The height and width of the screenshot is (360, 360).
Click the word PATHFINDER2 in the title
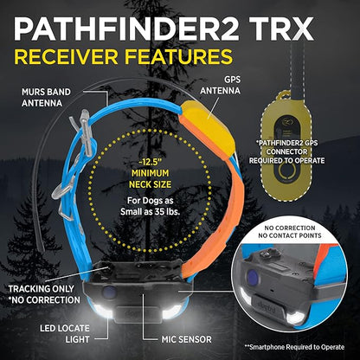[126, 29]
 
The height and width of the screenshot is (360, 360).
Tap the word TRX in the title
[284, 29]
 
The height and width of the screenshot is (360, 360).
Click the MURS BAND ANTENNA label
[46, 98]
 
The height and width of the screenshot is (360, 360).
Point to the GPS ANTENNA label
[221, 85]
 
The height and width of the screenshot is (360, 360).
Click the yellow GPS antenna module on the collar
[207, 126]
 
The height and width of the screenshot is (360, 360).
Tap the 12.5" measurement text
[149, 162]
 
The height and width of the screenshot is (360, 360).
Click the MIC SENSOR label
[186, 339]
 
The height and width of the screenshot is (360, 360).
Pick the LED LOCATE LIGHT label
[65, 334]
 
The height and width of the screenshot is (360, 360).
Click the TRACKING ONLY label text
[41, 289]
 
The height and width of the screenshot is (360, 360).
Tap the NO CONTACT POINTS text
[290, 235]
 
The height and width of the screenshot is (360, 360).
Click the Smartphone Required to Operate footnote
[294, 347]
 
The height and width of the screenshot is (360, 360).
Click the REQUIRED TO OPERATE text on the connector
[286, 160]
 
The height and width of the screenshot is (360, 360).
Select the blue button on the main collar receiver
[109, 292]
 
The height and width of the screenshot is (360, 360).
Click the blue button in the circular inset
[254, 278]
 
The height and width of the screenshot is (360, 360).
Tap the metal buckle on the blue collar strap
[84, 130]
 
